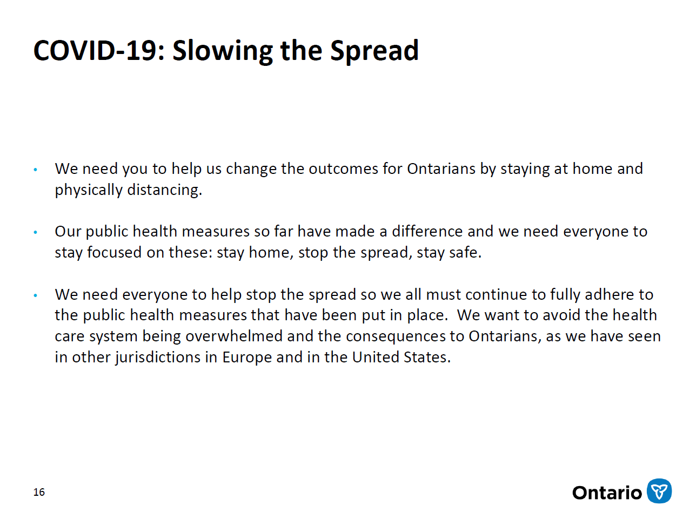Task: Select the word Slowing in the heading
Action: click(223, 51)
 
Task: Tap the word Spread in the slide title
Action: click(374, 51)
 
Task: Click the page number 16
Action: click(39, 492)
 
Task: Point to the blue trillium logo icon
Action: click(659, 491)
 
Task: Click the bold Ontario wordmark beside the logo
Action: click(607, 493)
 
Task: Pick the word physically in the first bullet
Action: click(89, 190)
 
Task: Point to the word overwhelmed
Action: click(233, 336)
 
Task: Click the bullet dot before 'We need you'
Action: click(36, 170)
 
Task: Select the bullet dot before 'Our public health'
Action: click(36, 233)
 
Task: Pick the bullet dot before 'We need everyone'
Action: click(36, 295)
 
